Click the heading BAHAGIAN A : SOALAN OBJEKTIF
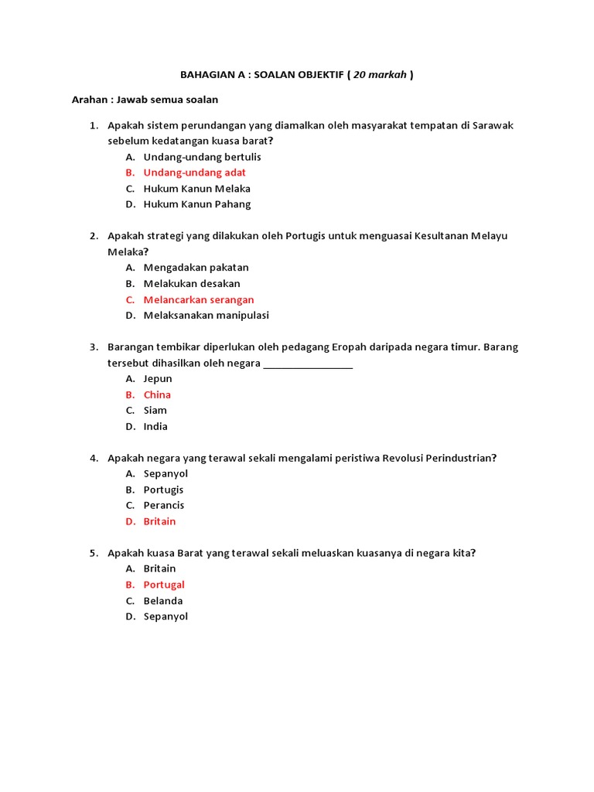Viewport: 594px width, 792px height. [262, 75]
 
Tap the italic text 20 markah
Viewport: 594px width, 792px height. [379, 75]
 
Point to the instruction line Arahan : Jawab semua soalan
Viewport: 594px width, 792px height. [145, 99]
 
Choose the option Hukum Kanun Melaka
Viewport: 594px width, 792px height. [196, 189]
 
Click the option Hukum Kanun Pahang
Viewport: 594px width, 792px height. [196, 204]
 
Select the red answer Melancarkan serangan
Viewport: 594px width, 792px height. [198, 299]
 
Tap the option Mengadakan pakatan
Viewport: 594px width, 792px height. [196, 268]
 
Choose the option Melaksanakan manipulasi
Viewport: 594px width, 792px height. [206, 316]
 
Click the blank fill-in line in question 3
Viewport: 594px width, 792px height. [308, 364]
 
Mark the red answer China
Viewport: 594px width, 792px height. [157, 394]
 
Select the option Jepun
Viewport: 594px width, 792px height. [158, 379]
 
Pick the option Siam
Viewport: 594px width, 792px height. [155, 411]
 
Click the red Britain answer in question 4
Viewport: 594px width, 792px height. [159, 521]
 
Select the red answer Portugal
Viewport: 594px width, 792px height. [164, 585]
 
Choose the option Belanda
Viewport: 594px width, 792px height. [162, 601]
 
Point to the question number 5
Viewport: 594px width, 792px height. [94, 553]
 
